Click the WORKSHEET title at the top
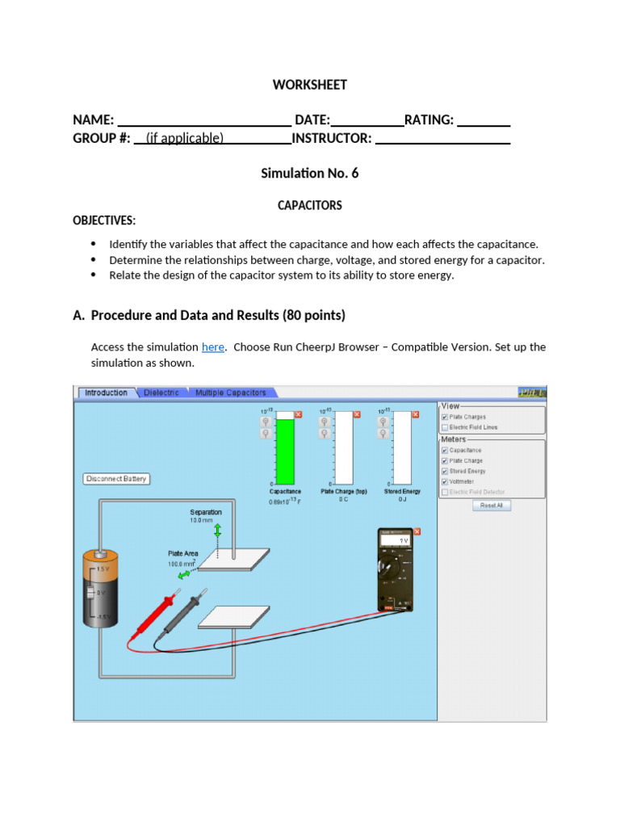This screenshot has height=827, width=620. (309, 85)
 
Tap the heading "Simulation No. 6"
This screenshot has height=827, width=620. (309, 173)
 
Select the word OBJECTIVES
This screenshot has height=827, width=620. (104, 220)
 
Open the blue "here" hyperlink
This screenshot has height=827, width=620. (212, 346)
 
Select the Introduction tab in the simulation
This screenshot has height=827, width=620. (106, 393)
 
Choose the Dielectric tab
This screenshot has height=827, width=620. (161, 393)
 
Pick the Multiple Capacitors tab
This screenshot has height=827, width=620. (231, 393)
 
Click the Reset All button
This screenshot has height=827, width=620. (491, 505)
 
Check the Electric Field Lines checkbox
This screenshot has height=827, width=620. (445, 427)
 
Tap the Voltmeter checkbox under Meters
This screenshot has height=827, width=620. (445, 481)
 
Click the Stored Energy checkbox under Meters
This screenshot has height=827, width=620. (445, 471)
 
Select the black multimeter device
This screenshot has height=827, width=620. (398, 570)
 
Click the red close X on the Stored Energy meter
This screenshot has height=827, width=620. (416, 414)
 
